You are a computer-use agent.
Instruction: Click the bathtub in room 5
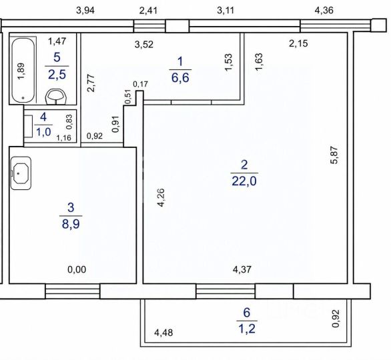point(23,70)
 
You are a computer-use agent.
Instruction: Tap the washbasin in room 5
point(56,97)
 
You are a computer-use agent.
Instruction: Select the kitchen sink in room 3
point(21,173)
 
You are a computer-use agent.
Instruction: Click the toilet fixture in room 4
point(29,126)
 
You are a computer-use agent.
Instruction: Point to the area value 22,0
point(244,181)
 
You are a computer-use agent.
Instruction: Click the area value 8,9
point(71,224)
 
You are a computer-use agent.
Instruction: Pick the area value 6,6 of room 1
point(180,78)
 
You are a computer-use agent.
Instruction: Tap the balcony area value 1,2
point(247,329)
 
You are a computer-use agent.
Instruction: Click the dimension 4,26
point(161,197)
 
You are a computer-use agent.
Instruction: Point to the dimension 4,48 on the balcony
point(163,333)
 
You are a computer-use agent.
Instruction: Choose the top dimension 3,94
point(85,11)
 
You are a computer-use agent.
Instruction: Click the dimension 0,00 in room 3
point(77,269)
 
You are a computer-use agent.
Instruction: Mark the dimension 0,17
point(140,84)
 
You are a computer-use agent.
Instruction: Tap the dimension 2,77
point(91,83)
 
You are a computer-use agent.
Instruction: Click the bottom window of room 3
point(73,291)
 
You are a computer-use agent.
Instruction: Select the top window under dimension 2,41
point(149,26)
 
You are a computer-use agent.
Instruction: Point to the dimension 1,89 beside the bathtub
point(21,71)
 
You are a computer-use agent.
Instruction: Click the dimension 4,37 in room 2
point(242,269)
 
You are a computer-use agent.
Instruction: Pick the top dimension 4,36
point(324,11)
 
